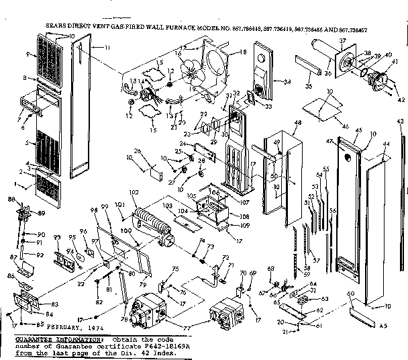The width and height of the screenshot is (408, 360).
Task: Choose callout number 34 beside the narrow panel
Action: pyautogui.click(x=287, y=82)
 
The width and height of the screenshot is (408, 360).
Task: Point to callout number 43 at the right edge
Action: pyautogui.click(x=401, y=139)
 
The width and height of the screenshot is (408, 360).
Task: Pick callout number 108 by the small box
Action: pyautogui.click(x=244, y=217)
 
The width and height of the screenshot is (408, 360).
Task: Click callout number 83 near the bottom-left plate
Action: pyautogui.click(x=54, y=304)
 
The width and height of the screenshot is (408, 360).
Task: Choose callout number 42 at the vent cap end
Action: pyautogui.click(x=401, y=99)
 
